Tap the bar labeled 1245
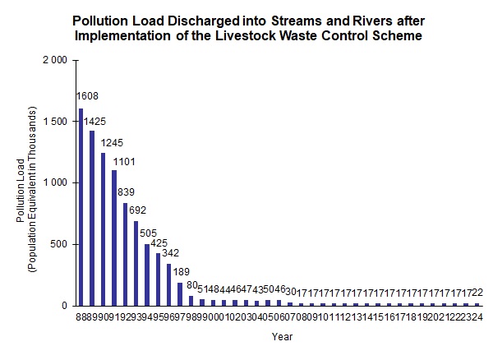[103, 229]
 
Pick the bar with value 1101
[114, 238]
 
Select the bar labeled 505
[147, 275]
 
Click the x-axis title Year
[283, 336]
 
